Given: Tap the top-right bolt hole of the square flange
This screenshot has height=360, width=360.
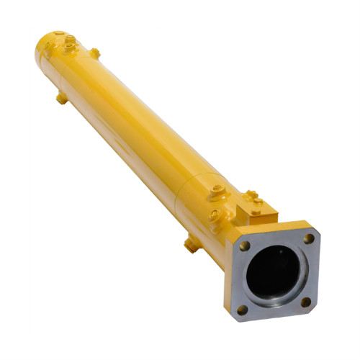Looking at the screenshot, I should coord(308,238).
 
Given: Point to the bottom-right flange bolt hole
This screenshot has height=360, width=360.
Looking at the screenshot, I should coord(305,302).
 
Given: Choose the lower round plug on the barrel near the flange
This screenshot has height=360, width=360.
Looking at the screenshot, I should coord(214,215).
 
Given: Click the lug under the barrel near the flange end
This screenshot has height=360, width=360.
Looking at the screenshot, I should coord(191,245).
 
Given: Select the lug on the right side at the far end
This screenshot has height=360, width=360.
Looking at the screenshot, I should coord(94,53).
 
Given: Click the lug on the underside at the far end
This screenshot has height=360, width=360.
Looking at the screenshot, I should coord(62,99).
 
